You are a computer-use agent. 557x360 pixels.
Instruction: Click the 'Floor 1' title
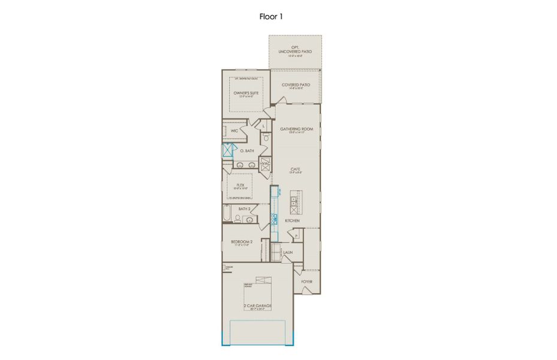point(271,16)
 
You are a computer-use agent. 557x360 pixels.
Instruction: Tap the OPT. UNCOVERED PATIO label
point(294,51)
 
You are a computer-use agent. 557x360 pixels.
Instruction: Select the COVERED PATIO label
point(296,85)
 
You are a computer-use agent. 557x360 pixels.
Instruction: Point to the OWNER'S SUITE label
point(246,94)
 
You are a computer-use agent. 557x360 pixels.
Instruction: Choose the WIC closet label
point(234,130)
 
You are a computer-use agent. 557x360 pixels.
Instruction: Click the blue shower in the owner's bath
point(227,150)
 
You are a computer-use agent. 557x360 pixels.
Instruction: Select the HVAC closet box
point(265,164)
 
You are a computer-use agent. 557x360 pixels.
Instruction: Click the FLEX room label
point(240,185)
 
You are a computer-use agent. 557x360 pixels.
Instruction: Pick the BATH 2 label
point(243,209)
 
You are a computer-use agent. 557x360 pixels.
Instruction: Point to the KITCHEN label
point(292,221)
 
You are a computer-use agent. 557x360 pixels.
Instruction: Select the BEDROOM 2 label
point(242,242)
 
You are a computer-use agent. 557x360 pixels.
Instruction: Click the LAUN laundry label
point(288,253)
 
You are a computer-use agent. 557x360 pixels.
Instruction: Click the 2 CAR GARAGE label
point(257,307)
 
